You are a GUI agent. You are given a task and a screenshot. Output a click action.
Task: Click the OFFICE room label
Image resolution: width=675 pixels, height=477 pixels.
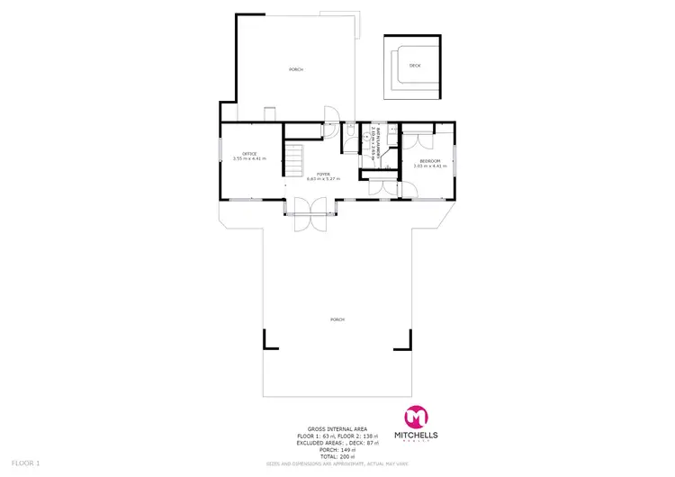(249, 154)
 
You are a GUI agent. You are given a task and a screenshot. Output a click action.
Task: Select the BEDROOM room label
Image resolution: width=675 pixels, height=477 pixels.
(428, 161)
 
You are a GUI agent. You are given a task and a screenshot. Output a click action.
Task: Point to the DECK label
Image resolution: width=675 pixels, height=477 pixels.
(415, 66)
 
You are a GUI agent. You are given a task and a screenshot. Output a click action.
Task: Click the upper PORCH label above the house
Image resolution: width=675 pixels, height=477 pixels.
(295, 69)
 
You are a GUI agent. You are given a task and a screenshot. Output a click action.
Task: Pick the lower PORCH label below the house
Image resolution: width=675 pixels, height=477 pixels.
(337, 319)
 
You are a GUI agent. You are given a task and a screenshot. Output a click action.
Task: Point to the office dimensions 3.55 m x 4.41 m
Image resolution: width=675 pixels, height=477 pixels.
(249, 159)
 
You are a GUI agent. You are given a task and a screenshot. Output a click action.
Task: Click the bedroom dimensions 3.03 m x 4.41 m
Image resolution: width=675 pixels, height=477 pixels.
(428, 166)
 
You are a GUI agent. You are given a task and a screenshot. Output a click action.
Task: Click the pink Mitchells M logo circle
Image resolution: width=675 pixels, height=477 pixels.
(417, 418)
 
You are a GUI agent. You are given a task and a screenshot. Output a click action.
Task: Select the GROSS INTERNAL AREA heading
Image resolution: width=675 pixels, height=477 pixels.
(337, 429)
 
